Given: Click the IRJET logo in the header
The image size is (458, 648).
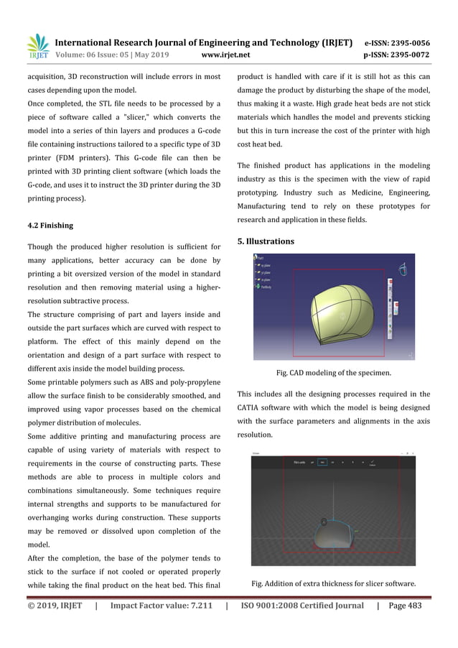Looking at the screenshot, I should [37, 47].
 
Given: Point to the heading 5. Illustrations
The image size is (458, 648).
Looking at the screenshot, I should [266, 241].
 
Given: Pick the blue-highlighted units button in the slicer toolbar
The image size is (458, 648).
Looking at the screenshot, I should [323, 463].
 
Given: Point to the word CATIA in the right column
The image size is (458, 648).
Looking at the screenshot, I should [251, 407].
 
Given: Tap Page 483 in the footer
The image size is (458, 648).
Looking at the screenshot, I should [406, 606].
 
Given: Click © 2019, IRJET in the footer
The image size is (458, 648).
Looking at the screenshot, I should [54, 606].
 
